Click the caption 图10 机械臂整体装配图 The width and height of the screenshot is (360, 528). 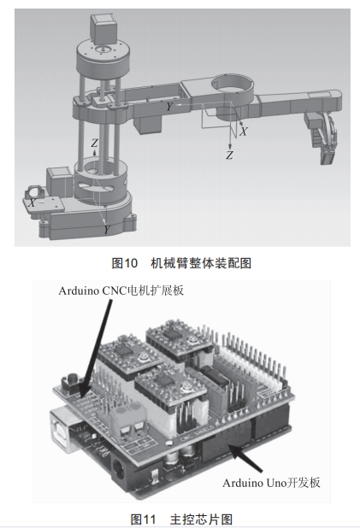coord(181,263)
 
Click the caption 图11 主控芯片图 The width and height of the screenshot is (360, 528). coord(181,519)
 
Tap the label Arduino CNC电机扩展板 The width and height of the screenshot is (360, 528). coord(121,290)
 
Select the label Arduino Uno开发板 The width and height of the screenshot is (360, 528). coord(271,483)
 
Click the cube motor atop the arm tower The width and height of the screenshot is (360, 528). coord(103,29)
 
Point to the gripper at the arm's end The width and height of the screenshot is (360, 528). coord(322,138)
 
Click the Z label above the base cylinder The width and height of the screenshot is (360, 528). coord(95,143)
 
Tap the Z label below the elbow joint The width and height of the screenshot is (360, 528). coord(229,155)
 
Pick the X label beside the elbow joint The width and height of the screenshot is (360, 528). coord(244,132)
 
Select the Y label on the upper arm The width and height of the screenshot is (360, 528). coord(169,107)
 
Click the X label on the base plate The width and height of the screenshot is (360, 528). coord(32,202)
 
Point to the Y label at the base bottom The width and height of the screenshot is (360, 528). coord(107,229)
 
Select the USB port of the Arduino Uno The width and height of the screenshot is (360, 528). coord(64,431)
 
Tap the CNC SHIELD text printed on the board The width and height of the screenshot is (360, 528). coord(197,433)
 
